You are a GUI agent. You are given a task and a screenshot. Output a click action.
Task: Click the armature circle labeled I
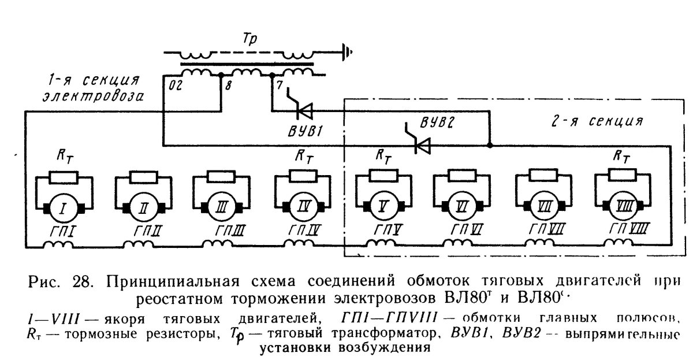[61, 207]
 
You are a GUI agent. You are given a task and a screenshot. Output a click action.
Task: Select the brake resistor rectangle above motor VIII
[622, 174]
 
